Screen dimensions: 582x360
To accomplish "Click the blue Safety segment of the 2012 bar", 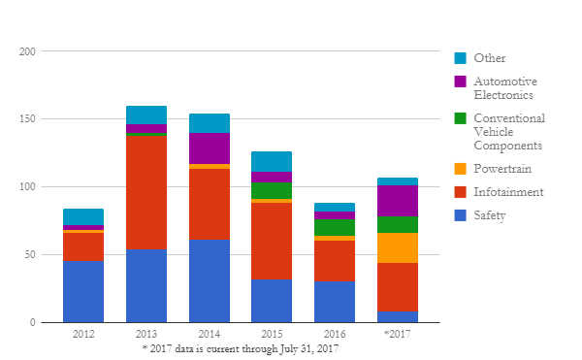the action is coord(83,292).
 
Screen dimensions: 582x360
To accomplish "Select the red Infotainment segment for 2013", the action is coord(146,193).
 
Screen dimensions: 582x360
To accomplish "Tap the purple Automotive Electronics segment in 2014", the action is coord(210,148).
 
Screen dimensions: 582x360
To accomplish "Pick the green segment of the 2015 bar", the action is coord(272,191).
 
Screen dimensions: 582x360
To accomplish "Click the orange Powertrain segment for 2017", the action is coord(398,247).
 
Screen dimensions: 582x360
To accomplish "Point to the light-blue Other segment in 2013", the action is coord(146,115).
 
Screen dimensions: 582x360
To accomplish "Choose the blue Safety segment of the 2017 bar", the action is coord(398,317).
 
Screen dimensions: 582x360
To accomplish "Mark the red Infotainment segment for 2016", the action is coord(335,261).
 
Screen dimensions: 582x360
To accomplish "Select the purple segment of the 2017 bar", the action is coord(398,201).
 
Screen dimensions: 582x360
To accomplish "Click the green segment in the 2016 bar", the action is coord(335,227).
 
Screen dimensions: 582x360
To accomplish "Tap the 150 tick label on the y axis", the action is coord(27,118).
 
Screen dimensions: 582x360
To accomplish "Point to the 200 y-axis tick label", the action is coord(27,51).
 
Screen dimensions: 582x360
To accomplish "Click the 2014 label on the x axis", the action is coord(209,334).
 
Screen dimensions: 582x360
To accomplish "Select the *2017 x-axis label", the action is coord(397,334).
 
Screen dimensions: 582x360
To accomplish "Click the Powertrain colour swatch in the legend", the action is coord(460,169).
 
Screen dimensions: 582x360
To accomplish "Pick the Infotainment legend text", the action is coord(508,192).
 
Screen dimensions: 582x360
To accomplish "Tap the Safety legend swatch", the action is coord(460,215).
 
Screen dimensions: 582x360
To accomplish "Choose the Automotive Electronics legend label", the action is coord(505,88).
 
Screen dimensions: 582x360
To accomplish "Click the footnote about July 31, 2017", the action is coord(241,349).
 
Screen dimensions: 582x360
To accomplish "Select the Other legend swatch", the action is coord(460,58).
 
